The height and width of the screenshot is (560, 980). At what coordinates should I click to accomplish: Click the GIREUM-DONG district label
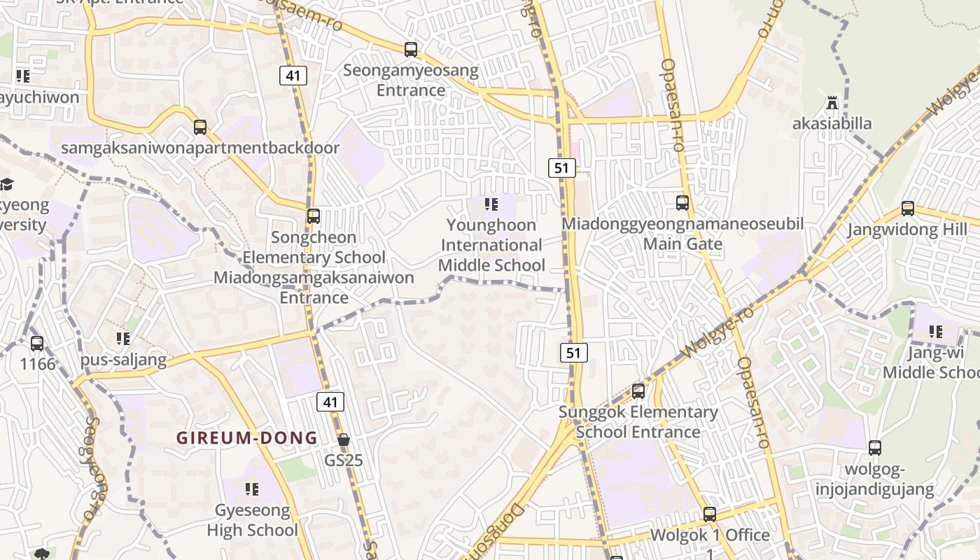tap(246, 438)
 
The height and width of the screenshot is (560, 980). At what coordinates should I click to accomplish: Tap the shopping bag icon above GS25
tap(344, 440)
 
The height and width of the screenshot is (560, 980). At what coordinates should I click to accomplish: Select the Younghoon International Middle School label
tap(491, 245)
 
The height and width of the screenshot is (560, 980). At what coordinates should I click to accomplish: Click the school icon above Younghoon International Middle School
tap(491, 204)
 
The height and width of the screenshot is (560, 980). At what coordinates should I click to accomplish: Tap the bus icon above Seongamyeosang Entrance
tap(411, 50)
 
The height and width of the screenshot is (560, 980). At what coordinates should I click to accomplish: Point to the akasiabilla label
tap(832, 124)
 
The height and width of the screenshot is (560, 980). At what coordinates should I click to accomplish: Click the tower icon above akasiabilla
tap(832, 104)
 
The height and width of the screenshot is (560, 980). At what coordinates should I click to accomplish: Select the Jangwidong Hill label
tap(907, 230)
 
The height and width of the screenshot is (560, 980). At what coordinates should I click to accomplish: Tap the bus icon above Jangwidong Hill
tap(908, 209)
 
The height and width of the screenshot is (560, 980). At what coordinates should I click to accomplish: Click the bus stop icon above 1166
tap(37, 344)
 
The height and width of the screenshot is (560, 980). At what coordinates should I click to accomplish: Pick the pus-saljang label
tap(123, 360)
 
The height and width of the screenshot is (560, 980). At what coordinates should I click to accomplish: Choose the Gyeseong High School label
tap(252, 520)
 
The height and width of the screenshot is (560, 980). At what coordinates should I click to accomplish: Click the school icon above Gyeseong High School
tap(252, 489)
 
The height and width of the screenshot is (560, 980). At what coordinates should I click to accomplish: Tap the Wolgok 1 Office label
tap(710, 535)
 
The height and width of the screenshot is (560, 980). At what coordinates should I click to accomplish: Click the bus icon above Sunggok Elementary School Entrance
tap(638, 391)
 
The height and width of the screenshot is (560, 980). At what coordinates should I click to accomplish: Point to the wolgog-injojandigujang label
tap(874, 479)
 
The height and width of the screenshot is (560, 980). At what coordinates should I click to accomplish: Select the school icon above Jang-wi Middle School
tap(936, 332)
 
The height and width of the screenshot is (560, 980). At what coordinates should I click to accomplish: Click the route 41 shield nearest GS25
tap(330, 402)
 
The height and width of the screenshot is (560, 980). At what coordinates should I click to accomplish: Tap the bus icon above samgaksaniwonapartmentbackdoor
tap(200, 127)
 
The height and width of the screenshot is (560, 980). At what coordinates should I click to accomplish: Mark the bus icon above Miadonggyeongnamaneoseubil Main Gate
tap(682, 203)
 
